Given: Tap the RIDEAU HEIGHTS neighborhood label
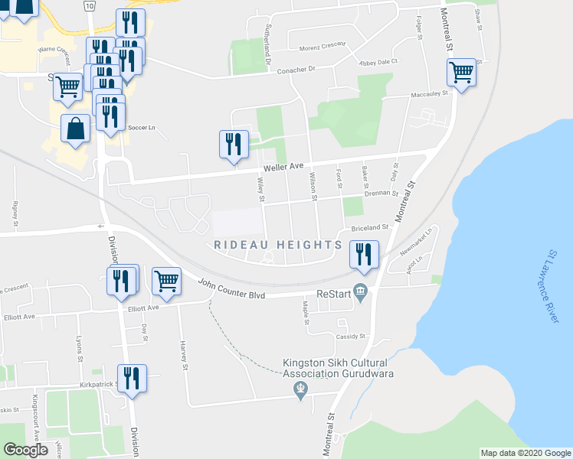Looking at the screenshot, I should (277, 245).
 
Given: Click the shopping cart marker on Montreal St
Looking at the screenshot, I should (461, 73).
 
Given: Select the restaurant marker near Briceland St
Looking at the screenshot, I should (363, 253).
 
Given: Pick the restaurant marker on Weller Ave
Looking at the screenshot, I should (233, 144).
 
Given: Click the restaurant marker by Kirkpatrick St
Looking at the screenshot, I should (132, 379).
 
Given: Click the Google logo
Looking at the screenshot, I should (25, 450).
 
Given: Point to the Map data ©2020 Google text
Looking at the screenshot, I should (526, 453).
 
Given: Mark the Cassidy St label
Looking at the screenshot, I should (353, 337).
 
